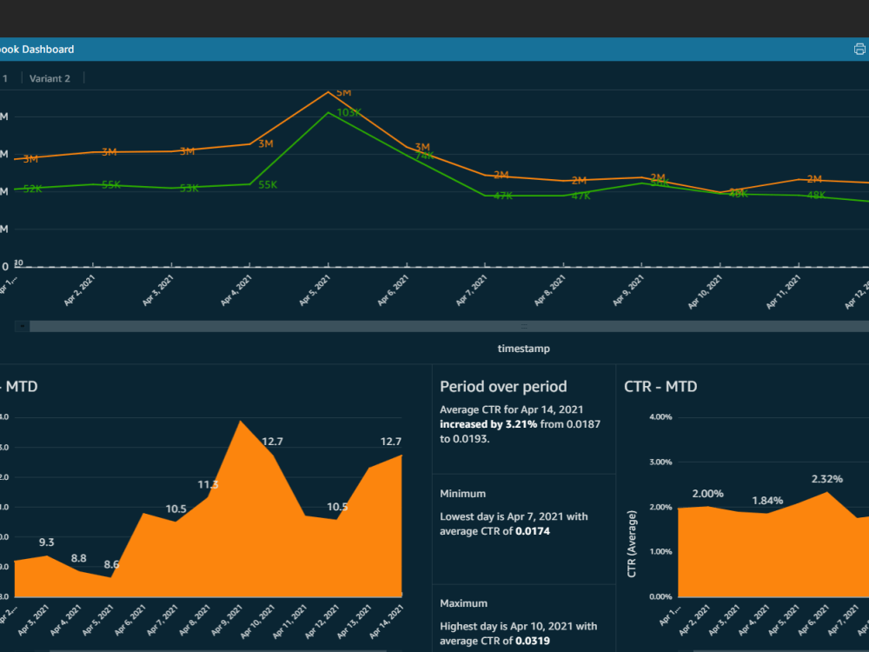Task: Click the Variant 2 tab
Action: pyautogui.click(x=50, y=78)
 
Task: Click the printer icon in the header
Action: pyautogui.click(x=859, y=50)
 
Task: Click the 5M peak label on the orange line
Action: pyautogui.click(x=343, y=92)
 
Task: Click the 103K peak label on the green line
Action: pyautogui.click(x=348, y=112)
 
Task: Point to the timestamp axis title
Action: pyautogui.click(x=523, y=349)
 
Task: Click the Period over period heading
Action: pyautogui.click(x=503, y=387)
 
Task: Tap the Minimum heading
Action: pyautogui.click(x=462, y=494)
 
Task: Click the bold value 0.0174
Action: pyautogui.click(x=534, y=530)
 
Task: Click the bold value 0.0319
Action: pyautogui.click(x=534, y=641)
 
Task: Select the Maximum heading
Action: pyautogui.click(x=463, y=603)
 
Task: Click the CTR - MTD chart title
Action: pyautogui.click(x=660, y=387)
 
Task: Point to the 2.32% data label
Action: pyautogui.click(x=826, y=479)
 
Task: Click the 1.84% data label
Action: pyautogui.click(x=767, y=501)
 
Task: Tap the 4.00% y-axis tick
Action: pyautogui.click(x=660, y=417)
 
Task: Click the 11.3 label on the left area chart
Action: pyautogui.click(x=208, y=485)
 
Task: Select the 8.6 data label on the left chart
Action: pyautogui.click(x=111, y=564)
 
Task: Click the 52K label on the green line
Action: pyautogui.click(x=32, y=189)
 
